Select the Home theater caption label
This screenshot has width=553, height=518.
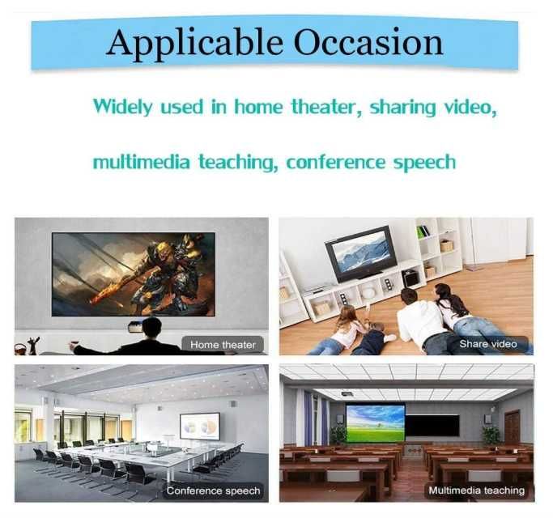223,344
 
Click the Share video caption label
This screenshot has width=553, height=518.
487,344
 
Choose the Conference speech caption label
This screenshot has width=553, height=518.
213,490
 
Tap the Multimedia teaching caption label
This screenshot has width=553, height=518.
477,490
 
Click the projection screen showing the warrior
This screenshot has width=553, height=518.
134,274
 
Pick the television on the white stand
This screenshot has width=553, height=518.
360,253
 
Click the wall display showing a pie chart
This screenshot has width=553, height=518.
199,426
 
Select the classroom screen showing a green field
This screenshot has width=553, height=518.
375,423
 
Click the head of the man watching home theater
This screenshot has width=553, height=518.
151,328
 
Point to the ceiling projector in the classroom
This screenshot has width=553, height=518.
347,393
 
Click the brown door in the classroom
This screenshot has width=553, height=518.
512,427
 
